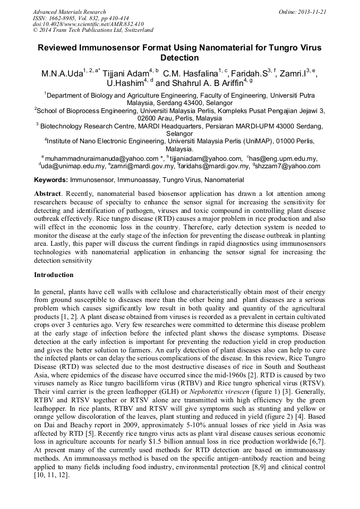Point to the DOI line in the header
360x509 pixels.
pos(88,24)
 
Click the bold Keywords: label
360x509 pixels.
pos(51,180)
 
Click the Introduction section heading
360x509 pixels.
pos(54,275)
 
